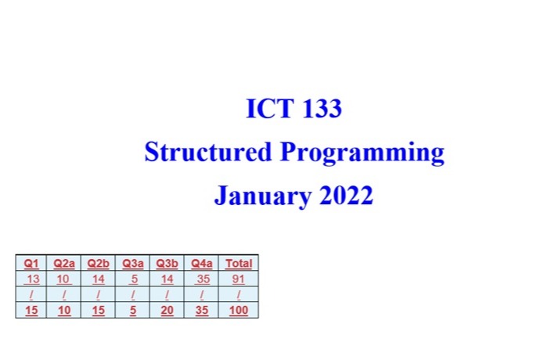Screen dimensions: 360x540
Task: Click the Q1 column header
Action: [32, 264]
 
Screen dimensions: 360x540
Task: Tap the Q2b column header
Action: [98, 264]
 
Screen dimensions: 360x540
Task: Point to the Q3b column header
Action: [167, 264]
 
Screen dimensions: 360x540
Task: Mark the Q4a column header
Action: [203, 264]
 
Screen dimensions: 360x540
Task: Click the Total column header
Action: [239, 264]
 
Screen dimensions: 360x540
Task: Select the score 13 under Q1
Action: [32, 279]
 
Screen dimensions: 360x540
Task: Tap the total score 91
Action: [239, 279]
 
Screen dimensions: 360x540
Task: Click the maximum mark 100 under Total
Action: [239, 310]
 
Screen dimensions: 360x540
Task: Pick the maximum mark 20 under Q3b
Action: [167, 310]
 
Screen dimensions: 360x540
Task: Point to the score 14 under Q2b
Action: [98, 279]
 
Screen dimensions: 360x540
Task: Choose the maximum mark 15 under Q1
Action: [32, 310]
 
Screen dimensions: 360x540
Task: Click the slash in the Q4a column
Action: [203, 294]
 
